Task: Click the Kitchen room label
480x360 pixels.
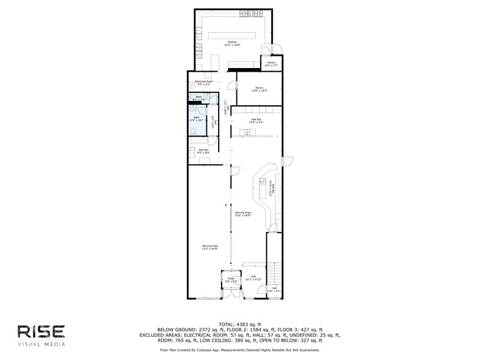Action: (232, 43)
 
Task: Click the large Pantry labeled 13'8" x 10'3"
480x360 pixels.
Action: (259, 89)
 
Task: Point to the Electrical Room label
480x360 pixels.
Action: (204, 83)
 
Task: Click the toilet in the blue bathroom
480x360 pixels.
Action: (193, 132)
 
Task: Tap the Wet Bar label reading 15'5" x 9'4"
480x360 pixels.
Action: (256, 121)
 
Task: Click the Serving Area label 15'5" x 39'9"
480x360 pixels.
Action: (243, 214)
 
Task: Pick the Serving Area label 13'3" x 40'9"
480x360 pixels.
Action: (210, 247)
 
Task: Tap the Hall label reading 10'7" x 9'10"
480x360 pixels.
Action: (253, 278)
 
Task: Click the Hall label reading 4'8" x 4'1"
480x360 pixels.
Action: (275, 289)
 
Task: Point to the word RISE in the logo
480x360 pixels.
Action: (41, 331)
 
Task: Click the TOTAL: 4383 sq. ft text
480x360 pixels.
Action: (239, 324)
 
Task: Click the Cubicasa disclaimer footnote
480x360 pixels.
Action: (239, 350)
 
